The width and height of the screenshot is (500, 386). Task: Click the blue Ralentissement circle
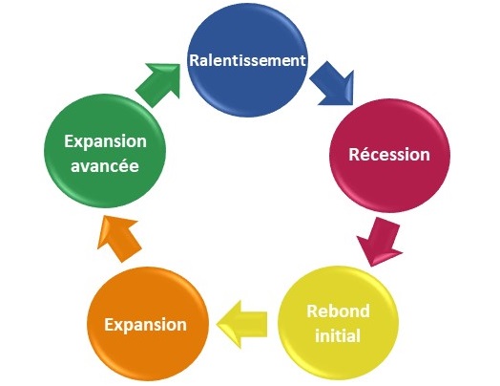[x=247, y=59]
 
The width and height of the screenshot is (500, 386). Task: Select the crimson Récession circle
[x=389, y=156]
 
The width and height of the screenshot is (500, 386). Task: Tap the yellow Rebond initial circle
[x=339, y=323]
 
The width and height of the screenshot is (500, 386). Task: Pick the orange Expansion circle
[x=148, y=324]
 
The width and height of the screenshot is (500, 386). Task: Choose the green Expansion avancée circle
[x=105, y=151]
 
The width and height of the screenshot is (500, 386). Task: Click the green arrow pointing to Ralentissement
[x=158, y=84]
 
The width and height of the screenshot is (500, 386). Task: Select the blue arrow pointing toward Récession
[x=333, y=84]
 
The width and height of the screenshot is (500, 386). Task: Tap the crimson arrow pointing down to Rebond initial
[x=380, y=242]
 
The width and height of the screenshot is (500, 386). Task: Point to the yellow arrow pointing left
[x=241, y=325]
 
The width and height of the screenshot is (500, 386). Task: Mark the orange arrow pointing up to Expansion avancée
[x=119, y=239]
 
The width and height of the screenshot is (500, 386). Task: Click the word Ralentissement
[x=248, y=60]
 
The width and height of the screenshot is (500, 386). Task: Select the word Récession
[x=389, y=154]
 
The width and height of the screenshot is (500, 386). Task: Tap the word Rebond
[x=339, y=311]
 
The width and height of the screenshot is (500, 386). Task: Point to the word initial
[x=338, y=335]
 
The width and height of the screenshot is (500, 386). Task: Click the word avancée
[x=105, y=165]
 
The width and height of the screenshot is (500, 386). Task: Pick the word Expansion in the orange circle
[x=146, y=326]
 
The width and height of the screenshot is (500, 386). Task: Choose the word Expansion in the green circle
[x=106, y=141]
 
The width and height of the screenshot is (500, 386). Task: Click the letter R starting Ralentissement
[x=195, y=60]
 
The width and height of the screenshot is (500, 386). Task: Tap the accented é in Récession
[x=365, y=154]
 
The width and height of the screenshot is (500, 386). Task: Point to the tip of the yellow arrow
[x=217, y=325]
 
